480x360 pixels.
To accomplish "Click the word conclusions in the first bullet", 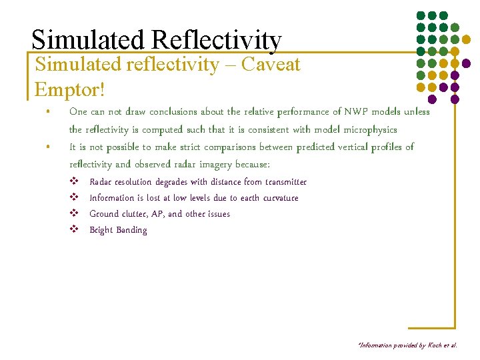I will point(181,111).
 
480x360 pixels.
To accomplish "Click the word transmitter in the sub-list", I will point(286,182).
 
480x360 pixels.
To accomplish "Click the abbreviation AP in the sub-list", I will point(175,214).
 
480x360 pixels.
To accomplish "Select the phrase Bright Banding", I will point(118,230).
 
